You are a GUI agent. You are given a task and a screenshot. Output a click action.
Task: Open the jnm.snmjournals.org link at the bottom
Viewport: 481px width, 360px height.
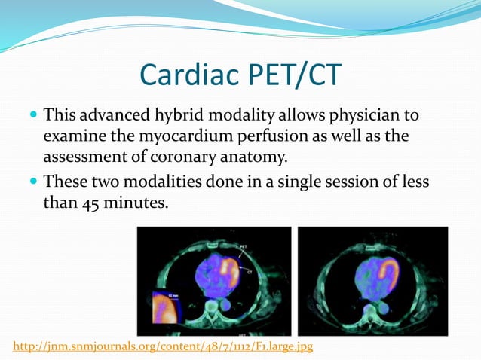163,346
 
